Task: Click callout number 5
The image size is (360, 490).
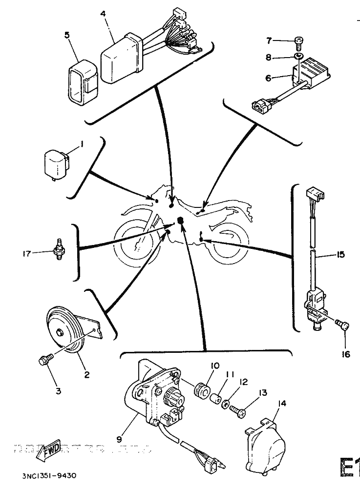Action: pyautogui.click(x=67, y=35)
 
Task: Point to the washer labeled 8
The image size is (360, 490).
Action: pyautogui.click(x=298, y=57)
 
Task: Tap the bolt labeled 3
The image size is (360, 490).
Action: pyautogui.click(x=44, y=362)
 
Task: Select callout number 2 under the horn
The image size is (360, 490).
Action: pyautogui.click(x=86, y=375)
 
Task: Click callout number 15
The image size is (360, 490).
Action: pyautogui.click(x=340, y=254)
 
